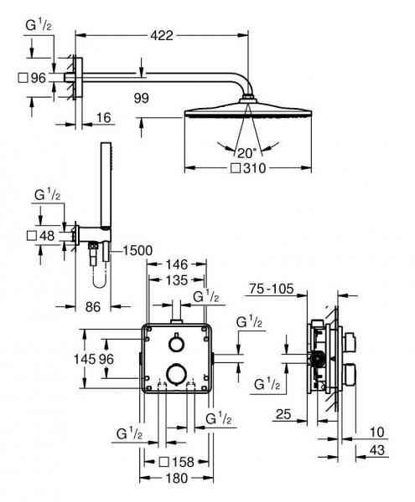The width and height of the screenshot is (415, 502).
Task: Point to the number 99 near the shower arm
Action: coord(141,99)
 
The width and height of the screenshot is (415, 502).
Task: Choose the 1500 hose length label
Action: coord(137,250)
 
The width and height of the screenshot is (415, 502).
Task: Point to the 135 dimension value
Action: coord(174,280)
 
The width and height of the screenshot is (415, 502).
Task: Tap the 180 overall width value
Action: coord(175,479)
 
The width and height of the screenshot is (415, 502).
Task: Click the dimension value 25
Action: coord(283,413)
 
